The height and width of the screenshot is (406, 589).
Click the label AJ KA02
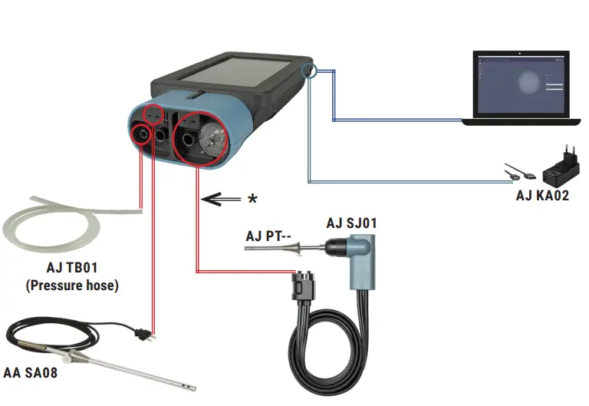tap(542, 195)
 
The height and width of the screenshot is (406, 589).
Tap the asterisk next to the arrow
tap(252, 199)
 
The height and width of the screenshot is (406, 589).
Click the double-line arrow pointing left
tap(219, 199)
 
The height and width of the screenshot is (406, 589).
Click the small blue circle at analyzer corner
tap(309, 71)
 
